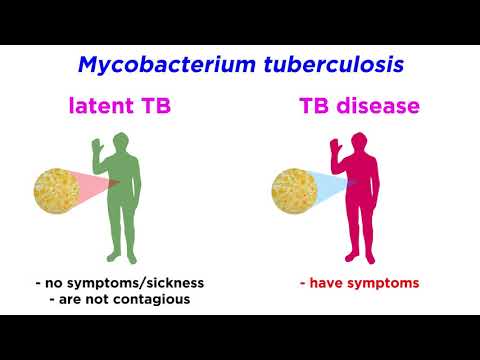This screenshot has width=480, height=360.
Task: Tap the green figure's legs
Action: [125, 240]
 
